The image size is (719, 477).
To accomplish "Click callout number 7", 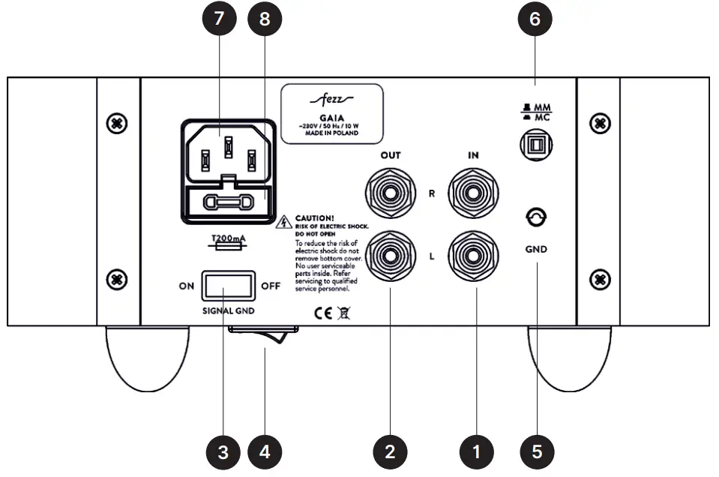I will (219, 20).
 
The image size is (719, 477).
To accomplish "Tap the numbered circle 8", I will (264, 20).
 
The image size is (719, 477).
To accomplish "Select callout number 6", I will (535, 20).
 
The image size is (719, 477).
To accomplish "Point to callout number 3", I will (223, 451).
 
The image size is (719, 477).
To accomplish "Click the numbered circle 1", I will (477, 451).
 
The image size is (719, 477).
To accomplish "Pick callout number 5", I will (537, 451).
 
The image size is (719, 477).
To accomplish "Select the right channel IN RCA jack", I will (472, 193).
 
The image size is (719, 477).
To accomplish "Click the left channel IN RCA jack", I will (472, 256).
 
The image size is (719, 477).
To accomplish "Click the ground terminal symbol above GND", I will (537, 218).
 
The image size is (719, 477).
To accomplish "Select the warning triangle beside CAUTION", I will (284, 222).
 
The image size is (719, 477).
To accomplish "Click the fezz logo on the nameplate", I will (331, 99).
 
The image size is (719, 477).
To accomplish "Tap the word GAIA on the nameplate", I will (331, 117).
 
